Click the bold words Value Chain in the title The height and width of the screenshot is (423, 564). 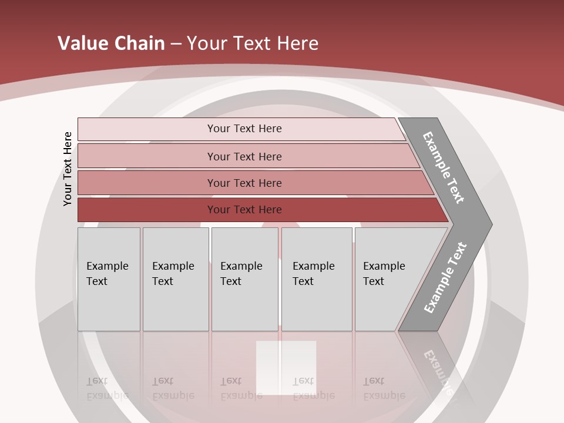(111, 43)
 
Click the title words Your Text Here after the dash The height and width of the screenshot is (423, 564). (253, 43)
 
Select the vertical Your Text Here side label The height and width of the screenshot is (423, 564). (68, 169)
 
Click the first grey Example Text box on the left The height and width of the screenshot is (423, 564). (109, 278)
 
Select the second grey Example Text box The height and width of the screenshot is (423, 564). (175, 278)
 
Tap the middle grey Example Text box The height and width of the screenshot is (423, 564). (244, 278)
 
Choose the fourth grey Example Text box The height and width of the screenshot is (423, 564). (316, 278)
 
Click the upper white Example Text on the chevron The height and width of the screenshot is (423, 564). (444, 167)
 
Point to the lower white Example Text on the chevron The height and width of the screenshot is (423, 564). (445, 277)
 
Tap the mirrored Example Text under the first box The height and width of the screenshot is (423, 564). (107, 388)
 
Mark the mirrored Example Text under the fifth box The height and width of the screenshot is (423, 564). (384, 388)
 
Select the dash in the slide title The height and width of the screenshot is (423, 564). (176, 44)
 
